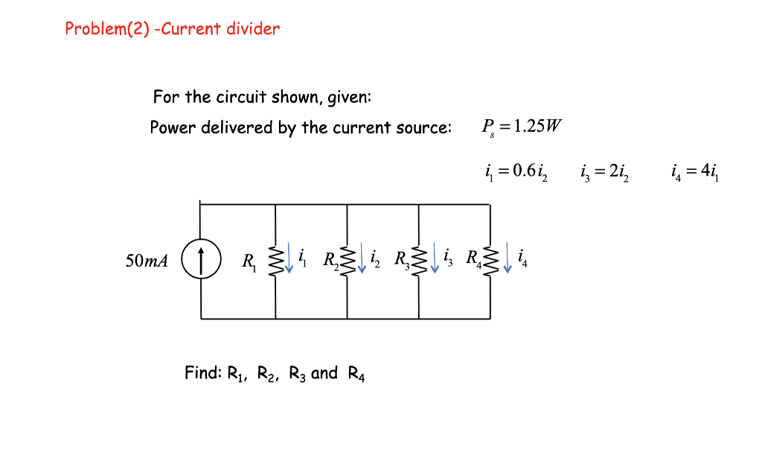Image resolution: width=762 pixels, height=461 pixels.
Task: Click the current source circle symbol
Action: pyautogui.click(x=202, y=261)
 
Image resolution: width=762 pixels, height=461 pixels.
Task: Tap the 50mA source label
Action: pyautogui.click(x=147, y=261)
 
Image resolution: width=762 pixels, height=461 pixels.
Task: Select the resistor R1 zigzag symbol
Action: pyautogui.click(x=276, y=261)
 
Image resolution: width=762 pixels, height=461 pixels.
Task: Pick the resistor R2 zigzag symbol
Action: pyautogui.click(x=347, y=261)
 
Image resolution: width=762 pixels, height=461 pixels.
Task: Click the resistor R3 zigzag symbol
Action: pyautogui.click(x=419, y=261)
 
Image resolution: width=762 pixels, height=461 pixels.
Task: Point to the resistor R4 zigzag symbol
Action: pyautogui.click(x=490, y=261)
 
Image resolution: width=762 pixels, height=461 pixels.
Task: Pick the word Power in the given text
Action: pyautogui.click(x=170, y=127)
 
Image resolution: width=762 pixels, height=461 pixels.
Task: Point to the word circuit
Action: pyautogui.click(x=241, y=98)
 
